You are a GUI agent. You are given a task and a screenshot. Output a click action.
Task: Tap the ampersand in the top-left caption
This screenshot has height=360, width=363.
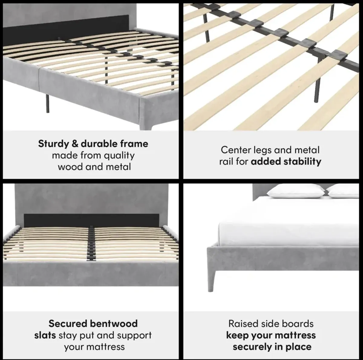pyautogui.click(x=75, y=144)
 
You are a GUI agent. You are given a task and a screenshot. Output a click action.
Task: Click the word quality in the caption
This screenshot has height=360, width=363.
pyautogui.click(x=119, y=156)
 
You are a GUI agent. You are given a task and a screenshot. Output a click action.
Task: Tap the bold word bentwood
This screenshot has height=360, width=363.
pyautogui.click(x=114, y=324)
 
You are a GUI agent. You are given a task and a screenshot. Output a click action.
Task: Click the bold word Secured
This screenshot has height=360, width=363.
pyautogui.click(x=68, y=324)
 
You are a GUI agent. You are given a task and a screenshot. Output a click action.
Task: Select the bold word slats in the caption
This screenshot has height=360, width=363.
pyautogui.click(x=45, y=335)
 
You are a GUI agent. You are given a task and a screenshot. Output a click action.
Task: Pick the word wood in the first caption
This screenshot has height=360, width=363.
pyautogui.click(x=70, y=167)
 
